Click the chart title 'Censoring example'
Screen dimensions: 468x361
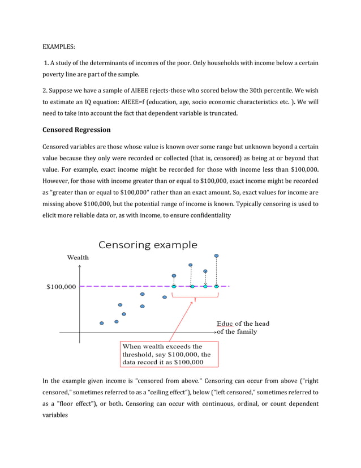coord(148,245)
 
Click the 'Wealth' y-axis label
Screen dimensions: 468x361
coord(78,257)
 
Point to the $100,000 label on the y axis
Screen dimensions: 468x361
coord(61,287)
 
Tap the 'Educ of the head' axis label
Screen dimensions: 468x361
coord(243,324)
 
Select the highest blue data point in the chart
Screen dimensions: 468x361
coord(216,256)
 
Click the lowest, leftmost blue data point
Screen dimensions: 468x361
coord(102,323)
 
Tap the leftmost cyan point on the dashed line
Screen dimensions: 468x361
coord(174,286)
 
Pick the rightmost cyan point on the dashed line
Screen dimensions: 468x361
coord(217,286)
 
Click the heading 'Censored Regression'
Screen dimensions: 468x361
coord(76,130)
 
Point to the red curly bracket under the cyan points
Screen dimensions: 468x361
coord(194,296)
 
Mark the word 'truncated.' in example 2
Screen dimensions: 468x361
coord(224,113)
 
